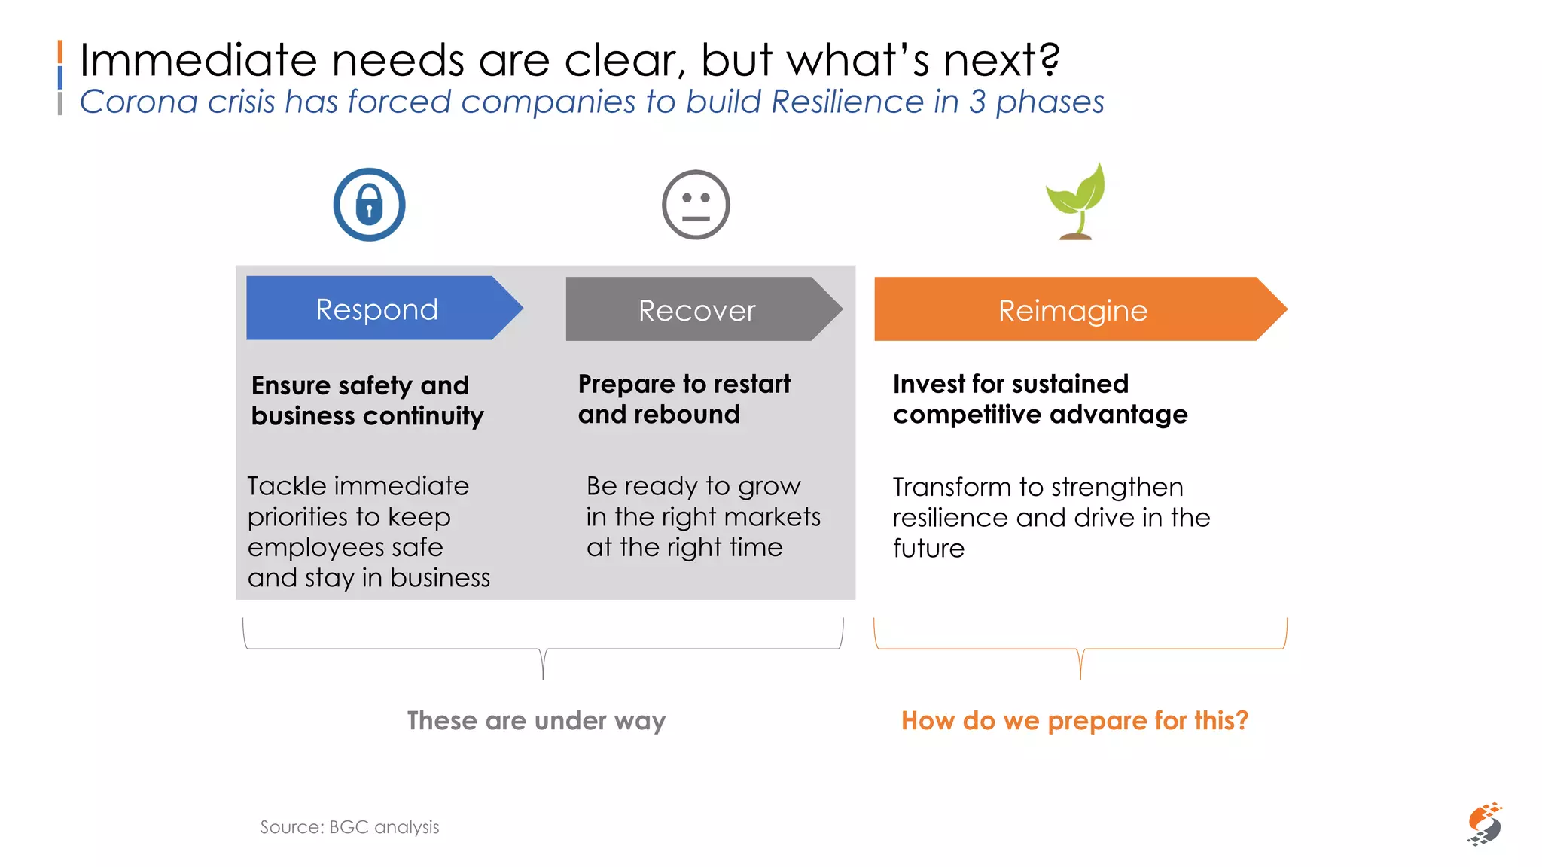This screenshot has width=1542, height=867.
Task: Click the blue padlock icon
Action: pos(369,204)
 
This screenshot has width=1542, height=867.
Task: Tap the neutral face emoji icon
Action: pos(696,205)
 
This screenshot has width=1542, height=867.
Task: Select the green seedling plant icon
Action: pos(1077,202)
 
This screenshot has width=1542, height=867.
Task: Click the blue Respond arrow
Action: pos(380,309)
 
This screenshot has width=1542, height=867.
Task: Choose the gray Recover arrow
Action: pos(700,309)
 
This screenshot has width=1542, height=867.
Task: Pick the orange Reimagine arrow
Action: pos(1077,309)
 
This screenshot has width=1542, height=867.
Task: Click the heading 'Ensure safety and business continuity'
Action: pos(367,400)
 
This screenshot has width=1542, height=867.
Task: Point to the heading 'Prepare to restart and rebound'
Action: pos(683,399)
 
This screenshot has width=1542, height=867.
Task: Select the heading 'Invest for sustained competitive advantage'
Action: pos(1039,399)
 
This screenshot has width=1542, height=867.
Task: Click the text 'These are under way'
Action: pos(536,720)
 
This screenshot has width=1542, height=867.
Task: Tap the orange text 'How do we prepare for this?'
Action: pos(1074,720)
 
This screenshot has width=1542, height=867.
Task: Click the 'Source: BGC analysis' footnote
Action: pos(349,827)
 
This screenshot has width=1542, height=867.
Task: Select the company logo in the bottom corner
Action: pos(1484,823)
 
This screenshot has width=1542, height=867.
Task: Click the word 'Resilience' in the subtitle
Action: pos(847,102)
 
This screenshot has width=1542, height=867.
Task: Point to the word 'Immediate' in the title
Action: pos(198,60)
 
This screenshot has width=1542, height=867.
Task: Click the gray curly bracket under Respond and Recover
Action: pos(543,649)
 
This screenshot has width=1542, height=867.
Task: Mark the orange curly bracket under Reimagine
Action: pos(1080,649)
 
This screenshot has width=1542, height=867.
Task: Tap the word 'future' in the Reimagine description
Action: pos(928,548)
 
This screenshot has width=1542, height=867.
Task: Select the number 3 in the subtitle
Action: pos(977,102)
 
